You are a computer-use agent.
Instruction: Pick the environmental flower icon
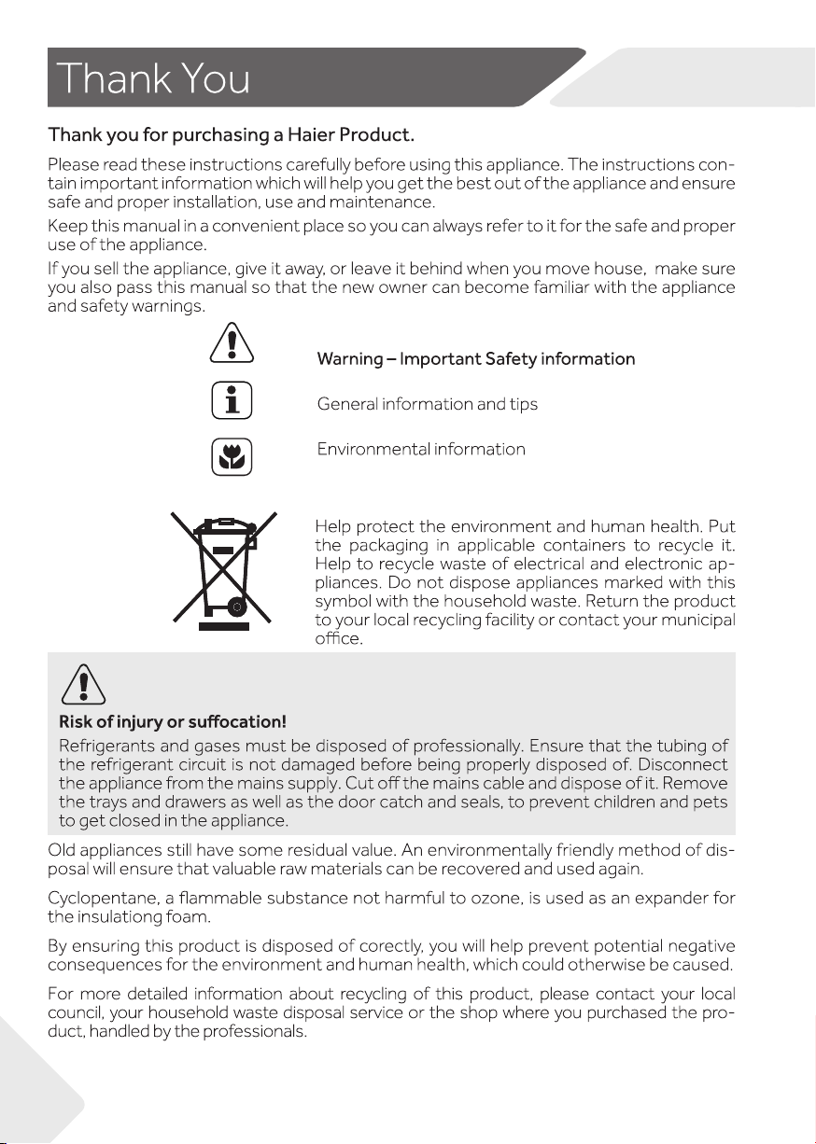(232, 455)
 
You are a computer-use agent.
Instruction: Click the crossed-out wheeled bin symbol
(223, 567)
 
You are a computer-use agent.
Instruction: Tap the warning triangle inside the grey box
(83, 686)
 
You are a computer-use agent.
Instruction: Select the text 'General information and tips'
(428, 404)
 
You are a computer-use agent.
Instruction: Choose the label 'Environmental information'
(421, 450)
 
